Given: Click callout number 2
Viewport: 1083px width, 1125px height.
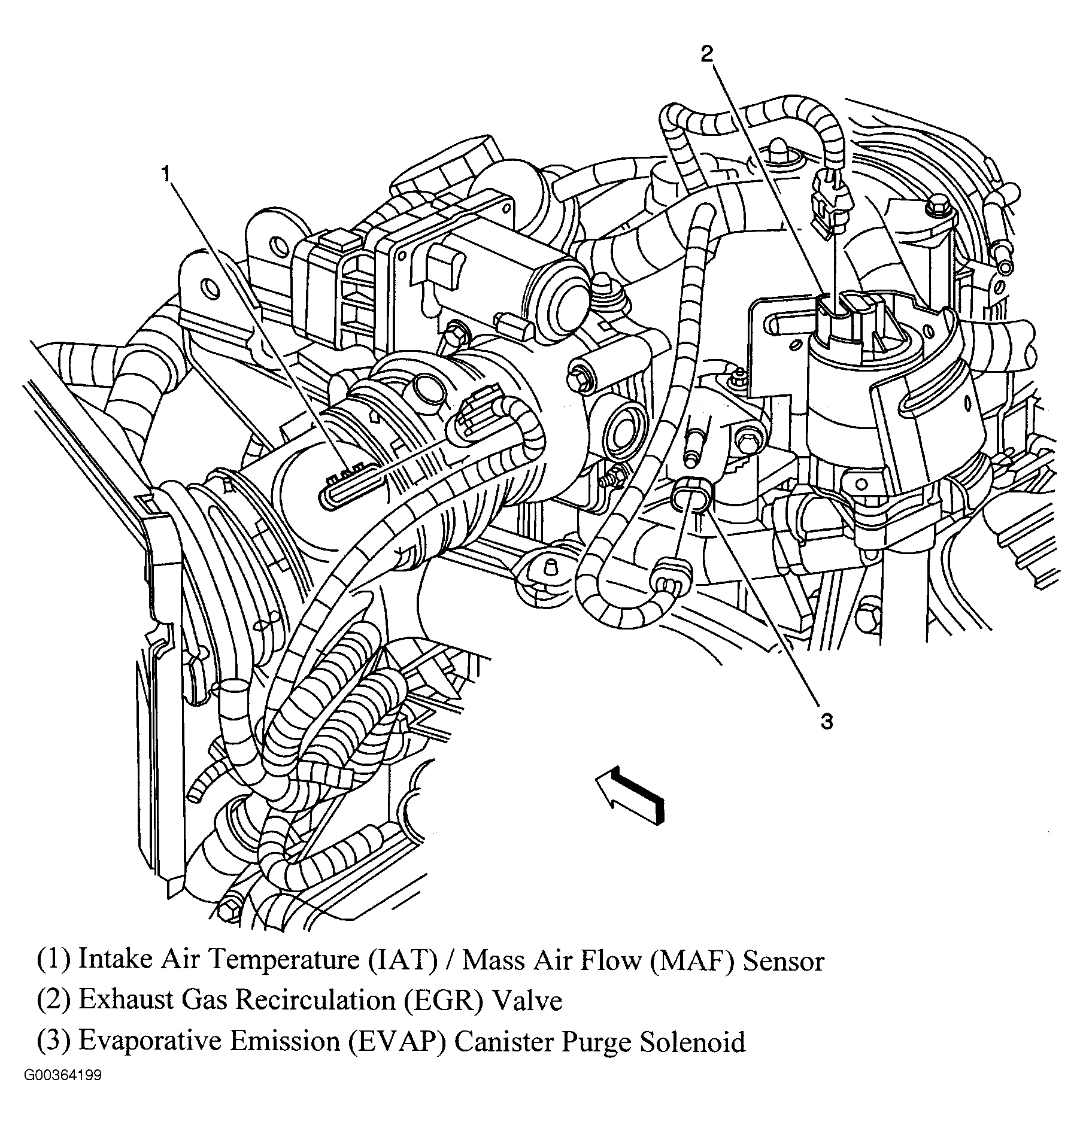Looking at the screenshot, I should tap(707, 54).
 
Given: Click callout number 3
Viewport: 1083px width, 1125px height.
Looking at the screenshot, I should tap(827, 722).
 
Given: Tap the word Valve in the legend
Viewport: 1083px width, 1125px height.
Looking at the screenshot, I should tap(526, 1000).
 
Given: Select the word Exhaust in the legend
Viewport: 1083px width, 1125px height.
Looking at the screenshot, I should tap(116, 1000).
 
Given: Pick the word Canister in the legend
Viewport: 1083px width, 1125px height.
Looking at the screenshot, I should tap(504, 1041).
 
